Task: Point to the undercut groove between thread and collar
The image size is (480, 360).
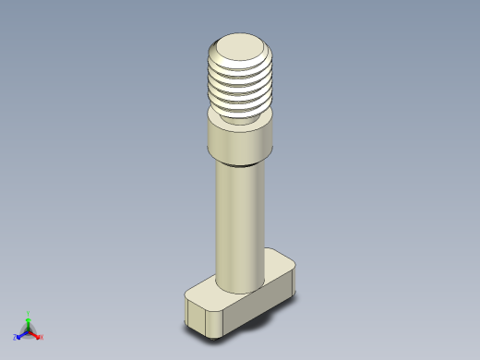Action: pyautogui.click(x=241, y=121)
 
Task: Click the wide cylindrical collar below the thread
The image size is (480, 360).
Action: pyautogui.click(x=240, y=144)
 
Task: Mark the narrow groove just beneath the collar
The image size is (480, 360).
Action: pyautogui.click(x=240, y=164)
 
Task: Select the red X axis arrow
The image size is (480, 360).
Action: pyautogui.click(x=36, y=335)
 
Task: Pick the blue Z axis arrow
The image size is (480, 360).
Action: pyautogui.click(x=21, y=335)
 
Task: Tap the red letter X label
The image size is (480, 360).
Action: pyautogui.click(x=42, y=338)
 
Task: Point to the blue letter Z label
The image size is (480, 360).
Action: pyautogui.click(x=16, y=338)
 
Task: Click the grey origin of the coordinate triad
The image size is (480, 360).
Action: pyautogui.click(x=29, y=330)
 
